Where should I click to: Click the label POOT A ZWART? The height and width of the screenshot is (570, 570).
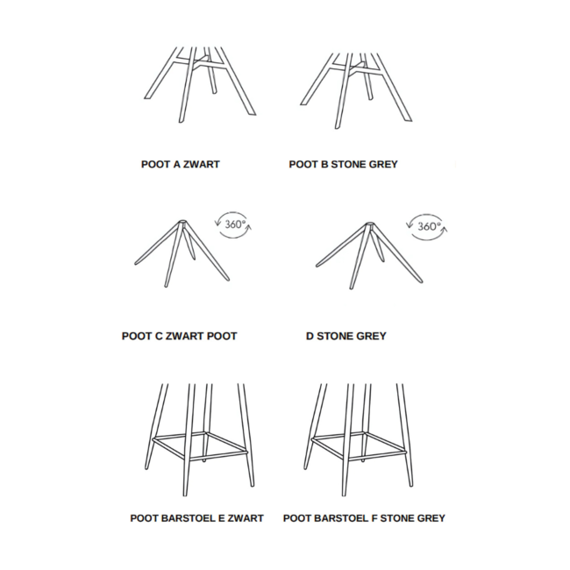[181, 164]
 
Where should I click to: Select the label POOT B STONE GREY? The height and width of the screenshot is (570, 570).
[343, 164]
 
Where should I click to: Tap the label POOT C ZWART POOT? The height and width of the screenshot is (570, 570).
[179, 336]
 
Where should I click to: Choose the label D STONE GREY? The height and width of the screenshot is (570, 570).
[346, 336]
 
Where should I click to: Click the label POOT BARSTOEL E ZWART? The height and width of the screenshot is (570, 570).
[196, 518]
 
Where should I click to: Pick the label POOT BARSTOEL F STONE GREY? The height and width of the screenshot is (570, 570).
[364, 518]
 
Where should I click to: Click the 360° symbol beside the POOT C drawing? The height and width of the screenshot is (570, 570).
[234, 224]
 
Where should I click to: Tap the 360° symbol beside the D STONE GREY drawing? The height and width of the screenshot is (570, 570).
[427, 227]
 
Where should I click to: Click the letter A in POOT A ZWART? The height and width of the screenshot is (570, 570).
[176, 164]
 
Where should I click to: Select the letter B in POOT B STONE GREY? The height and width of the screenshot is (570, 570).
[324, 164]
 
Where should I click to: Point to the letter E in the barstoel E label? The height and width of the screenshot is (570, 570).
[221, 518]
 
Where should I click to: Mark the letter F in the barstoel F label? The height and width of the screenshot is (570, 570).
[374, 518]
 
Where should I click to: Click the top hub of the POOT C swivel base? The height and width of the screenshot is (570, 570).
[182, 222]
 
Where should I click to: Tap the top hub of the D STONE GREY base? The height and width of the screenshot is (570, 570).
[370, 224]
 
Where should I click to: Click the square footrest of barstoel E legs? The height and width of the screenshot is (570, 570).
[200, 445]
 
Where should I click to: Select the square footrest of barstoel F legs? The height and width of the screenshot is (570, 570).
[359, 445]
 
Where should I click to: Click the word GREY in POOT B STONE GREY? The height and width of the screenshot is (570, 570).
[383, 164]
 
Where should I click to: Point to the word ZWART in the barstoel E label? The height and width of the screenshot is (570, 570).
[246, 518]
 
